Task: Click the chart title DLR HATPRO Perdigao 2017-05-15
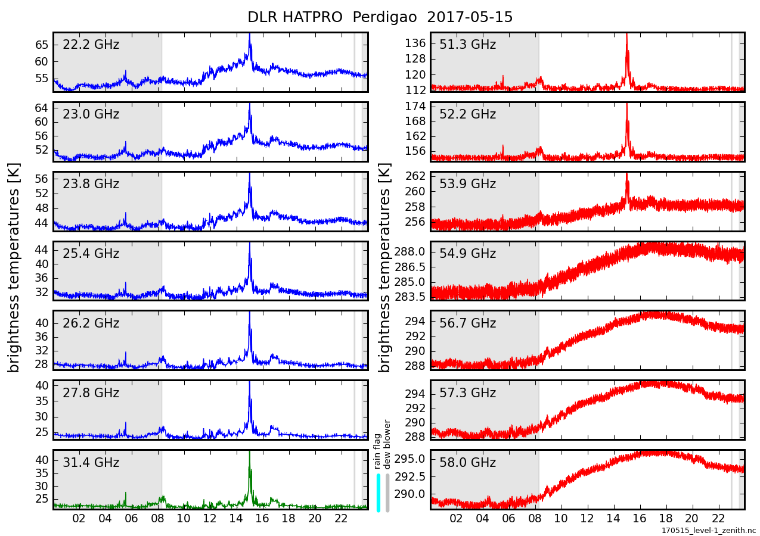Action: coord(380,17)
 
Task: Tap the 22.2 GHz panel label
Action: coord(91,45)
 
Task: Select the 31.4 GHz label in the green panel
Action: coord(91,463)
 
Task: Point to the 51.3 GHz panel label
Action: coord(467,45)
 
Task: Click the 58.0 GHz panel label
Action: coord(467,463)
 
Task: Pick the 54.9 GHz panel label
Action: coord(467,254)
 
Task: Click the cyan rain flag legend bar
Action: coord(379,493)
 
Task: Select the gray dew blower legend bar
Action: coord(387,493)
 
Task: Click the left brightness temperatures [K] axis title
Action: coord(14,267)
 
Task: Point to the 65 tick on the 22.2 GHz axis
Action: coord(42,45)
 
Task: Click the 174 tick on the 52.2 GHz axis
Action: coord(415,107)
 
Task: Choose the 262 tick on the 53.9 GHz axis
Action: coord(415,176)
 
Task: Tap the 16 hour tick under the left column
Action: coord(262,518)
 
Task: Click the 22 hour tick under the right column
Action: coord(718,518)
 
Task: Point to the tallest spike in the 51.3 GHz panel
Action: coord(626,35)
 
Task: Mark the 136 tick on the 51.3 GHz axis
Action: coord(415,43)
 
